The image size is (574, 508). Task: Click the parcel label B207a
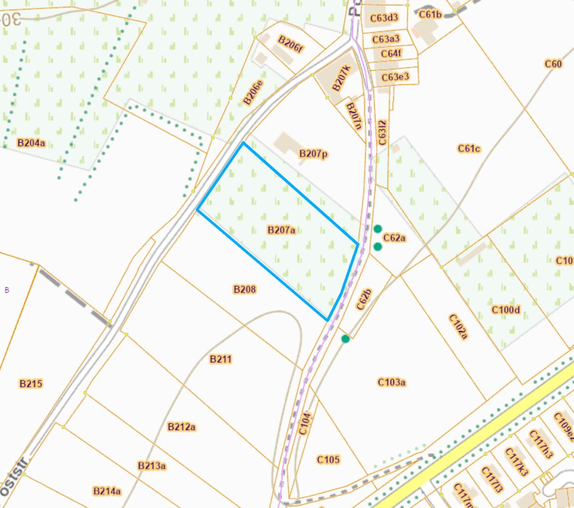pyautogui.click(x=281, y=230)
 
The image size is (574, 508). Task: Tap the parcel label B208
pyautogui.click(x=244, y=289)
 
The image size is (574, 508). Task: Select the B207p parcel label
pyautogui.click(x=313, y=154)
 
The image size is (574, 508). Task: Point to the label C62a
pyautogui.click(x=395, y=238)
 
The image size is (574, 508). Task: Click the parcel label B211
pyautogui.click(x=221, y=359)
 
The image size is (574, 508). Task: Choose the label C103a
pyautogui.click(x=392, y=382)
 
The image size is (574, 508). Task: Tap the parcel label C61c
pyautogui.click(x=469, y=149)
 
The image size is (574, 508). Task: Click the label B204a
pyautogui.click(x=31, y=143)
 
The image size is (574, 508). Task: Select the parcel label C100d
pyautogui.click(x=506, y=310)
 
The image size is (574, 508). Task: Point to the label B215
pyautogui.click(x=31, y=384)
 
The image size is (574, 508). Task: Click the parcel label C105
pyautogui.click(x=329, y=460)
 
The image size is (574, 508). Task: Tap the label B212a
pyautogui.click(x=182, y=427)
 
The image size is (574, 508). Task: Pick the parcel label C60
pyautogui.click(x=553, y=64)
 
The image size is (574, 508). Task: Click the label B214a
pyautogui.click(x=107, y=491)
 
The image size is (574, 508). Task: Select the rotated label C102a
pyautogui.click(x=458, y=327)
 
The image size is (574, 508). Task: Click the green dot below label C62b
pyautogui.click(x=345, y=339)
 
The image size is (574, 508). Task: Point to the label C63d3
pyautogui.click(x=384, y=18)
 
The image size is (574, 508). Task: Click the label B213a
pyautogui.click(x=152, y=465)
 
